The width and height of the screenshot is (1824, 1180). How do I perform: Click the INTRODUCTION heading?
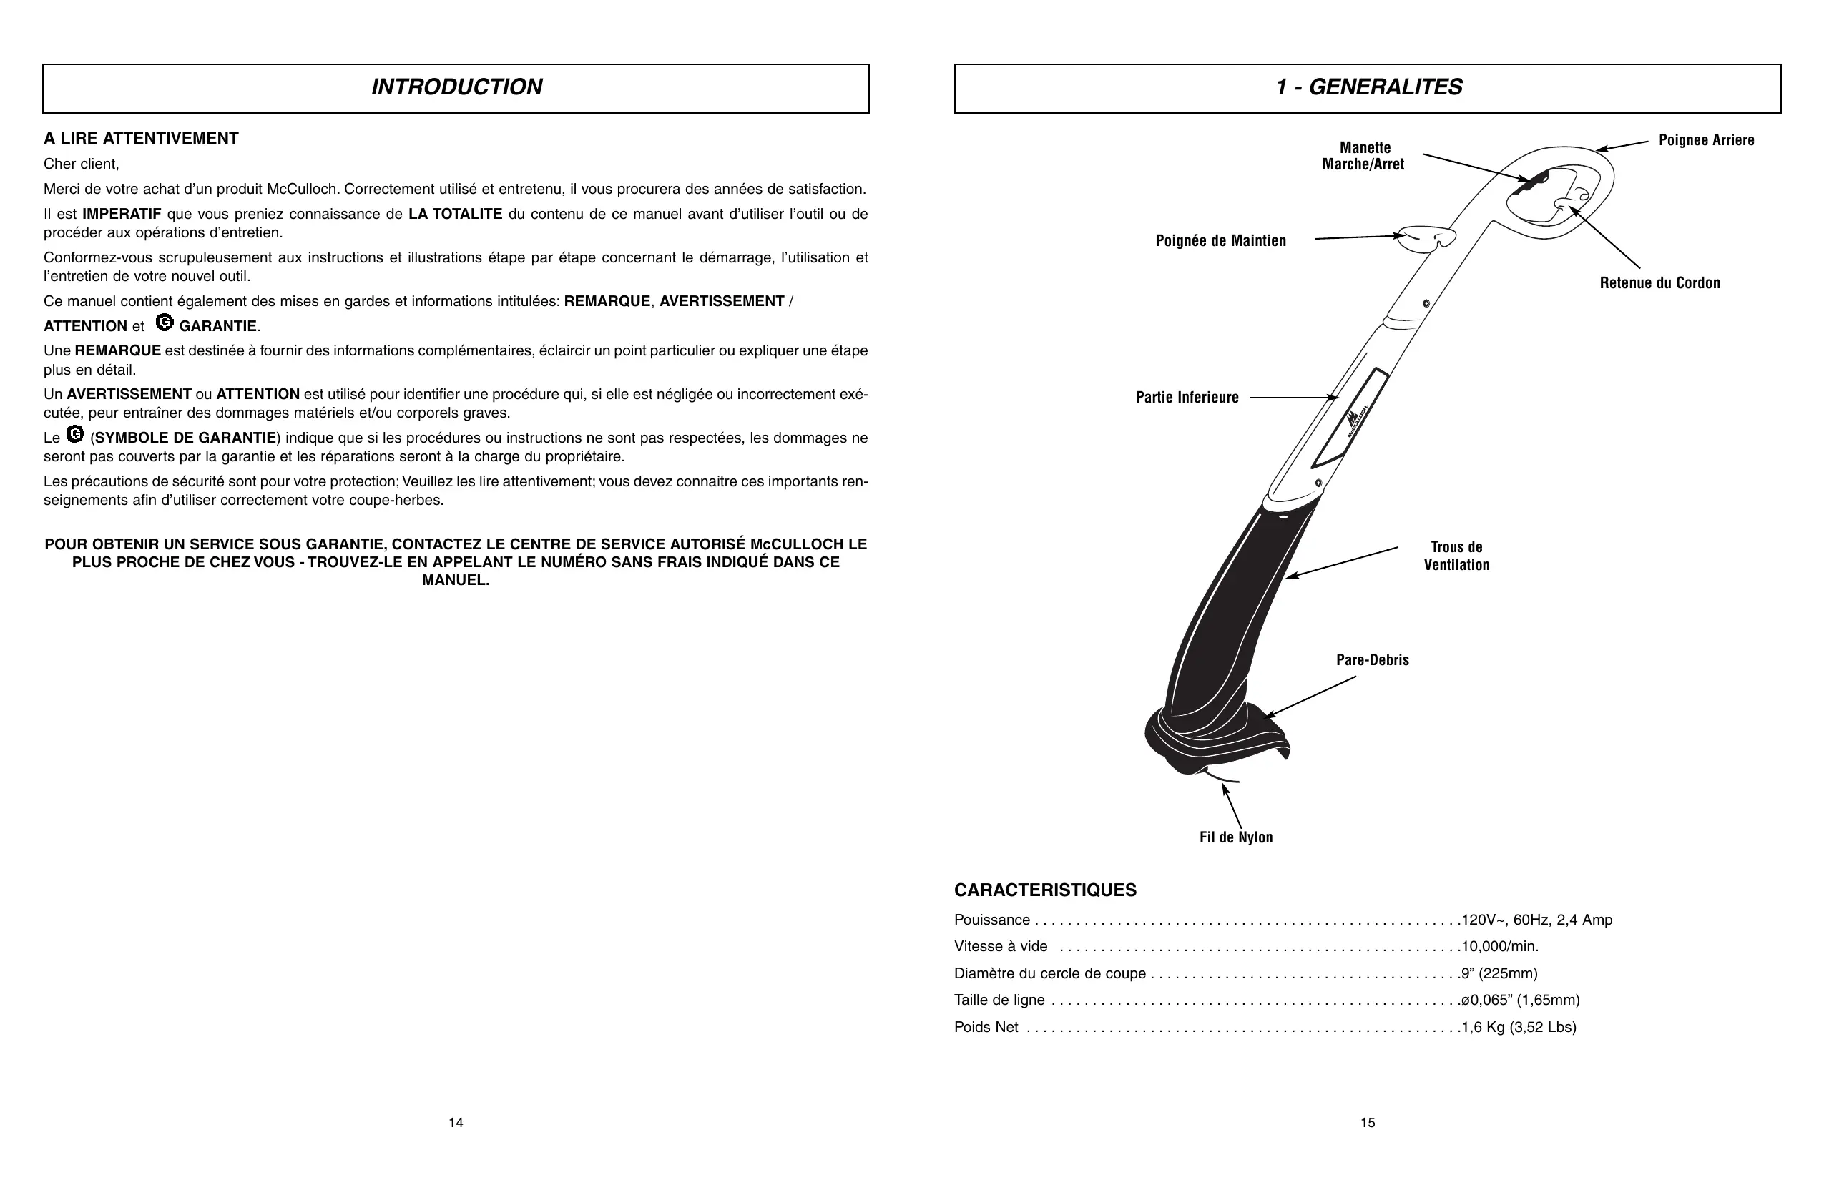pyautogui.click(x=457, y=87)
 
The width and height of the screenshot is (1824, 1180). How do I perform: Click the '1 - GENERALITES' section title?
pyautogui.click(x=1369, y=87)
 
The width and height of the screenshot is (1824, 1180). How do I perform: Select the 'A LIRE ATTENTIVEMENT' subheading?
pyautogui.click(x=141, y=139)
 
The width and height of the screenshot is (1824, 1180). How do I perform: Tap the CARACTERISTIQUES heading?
pyautogui.click(x=1044, y=890)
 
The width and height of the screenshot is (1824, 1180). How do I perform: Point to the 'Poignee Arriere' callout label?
pyautogui.click(x=1706, y=140)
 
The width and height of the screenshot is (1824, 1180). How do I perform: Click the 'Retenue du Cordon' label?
pyautogui.click(x=1659, y=282)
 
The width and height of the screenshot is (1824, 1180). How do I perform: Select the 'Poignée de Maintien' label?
pyautogui.click(x=1220, y=240)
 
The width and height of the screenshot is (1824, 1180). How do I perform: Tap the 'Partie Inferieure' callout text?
pyautogui.click(x=1187, y=397)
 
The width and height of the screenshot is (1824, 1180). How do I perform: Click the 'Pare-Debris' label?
pyautogui.click(x=1372, y=659)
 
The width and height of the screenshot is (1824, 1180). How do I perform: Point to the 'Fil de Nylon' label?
pyautogui.click(x=1235, y=837)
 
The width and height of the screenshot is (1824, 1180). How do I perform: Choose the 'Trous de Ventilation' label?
pyautogui.click(x=1456, y=556)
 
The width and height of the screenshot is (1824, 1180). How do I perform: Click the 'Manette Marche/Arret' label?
pyautogui.click(x=1363, y=156)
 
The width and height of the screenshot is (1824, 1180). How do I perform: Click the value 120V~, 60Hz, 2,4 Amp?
pyautogui.click(x=1536, y=920)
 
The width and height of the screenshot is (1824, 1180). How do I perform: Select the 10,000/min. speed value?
pyautogui.click(x=1500, y=946)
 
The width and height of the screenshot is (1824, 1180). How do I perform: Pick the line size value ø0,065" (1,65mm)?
pyautogui.click(x=1521, y=1000)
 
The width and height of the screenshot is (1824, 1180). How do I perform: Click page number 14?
pyautogui.click(x=456, y=1123)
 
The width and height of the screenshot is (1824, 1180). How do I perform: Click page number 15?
pyautogui.click(x=1368, y=1123)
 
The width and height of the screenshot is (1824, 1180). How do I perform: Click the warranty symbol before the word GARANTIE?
pyautogui.click(x=164, y=323)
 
